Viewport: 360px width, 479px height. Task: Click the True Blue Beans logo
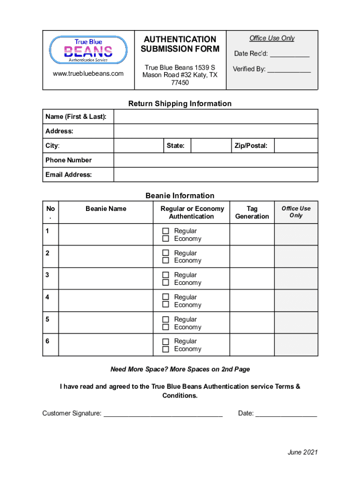[x=88, y=50]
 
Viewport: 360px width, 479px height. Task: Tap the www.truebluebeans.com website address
[x=88, y=73]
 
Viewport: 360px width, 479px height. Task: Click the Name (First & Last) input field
[x=216, y=116]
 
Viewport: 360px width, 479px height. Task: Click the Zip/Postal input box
[x=295, y=145]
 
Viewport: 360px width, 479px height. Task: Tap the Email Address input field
[x=216, y=175]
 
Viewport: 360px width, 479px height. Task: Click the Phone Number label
[x=69, y=160]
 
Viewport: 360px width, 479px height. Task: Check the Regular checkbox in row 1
[x=166, y=231]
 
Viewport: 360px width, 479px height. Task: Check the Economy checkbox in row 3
[x=166, y=283]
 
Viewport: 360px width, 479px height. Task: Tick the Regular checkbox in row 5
[x=166, y=319]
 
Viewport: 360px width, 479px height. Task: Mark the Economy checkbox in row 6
[x=166, y=349]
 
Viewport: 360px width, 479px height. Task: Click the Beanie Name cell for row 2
[x=106, y=256]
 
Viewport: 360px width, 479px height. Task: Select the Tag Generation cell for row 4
[x=252, y=300]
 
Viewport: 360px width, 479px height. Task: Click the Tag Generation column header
[x=252, y=212]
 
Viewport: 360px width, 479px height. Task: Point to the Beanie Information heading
[x=180, y=196]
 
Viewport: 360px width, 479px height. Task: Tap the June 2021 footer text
[x=302, y=452]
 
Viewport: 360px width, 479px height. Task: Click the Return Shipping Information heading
[x=180, y=103]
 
